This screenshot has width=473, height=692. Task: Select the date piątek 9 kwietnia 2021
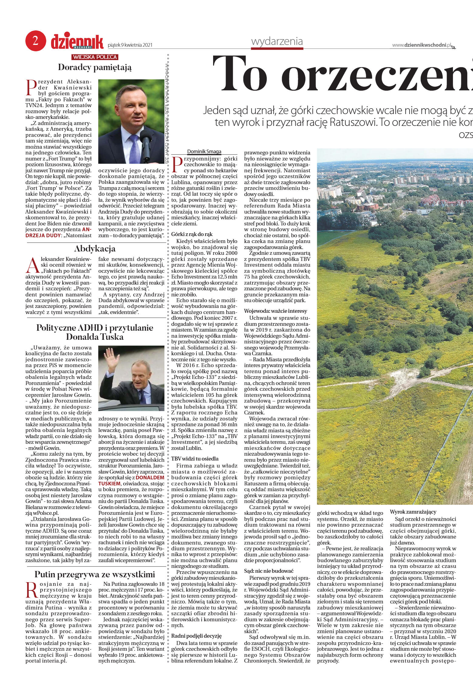tap(130, 45)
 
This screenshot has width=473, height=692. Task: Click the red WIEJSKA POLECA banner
tap(95, 57)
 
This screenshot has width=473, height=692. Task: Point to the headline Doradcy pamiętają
tap(95, 67)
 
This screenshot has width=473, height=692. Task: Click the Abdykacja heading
tap(95, 249)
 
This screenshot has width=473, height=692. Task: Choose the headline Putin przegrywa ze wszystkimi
tap(95, 574)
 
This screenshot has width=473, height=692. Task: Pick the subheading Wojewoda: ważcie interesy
tap(275, 311)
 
